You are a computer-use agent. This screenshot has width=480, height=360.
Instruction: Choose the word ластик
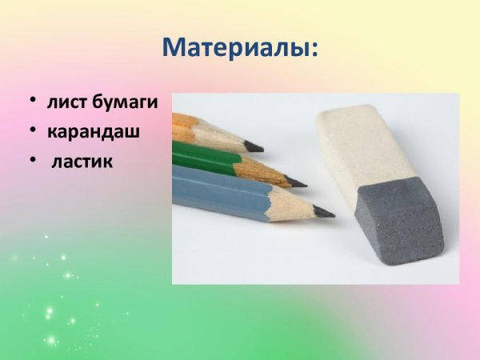(x=82, y=161)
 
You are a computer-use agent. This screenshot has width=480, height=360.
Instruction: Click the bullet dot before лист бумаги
(x=33, y=102)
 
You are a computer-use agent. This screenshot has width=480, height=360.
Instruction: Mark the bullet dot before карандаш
(x=33, y=130)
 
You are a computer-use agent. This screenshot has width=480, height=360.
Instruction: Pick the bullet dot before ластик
(x=33, y=160)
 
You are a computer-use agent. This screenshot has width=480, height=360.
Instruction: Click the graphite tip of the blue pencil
(x=324, y=212)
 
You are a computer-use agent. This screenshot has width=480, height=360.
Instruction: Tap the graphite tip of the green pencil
(x=297, y=182)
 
